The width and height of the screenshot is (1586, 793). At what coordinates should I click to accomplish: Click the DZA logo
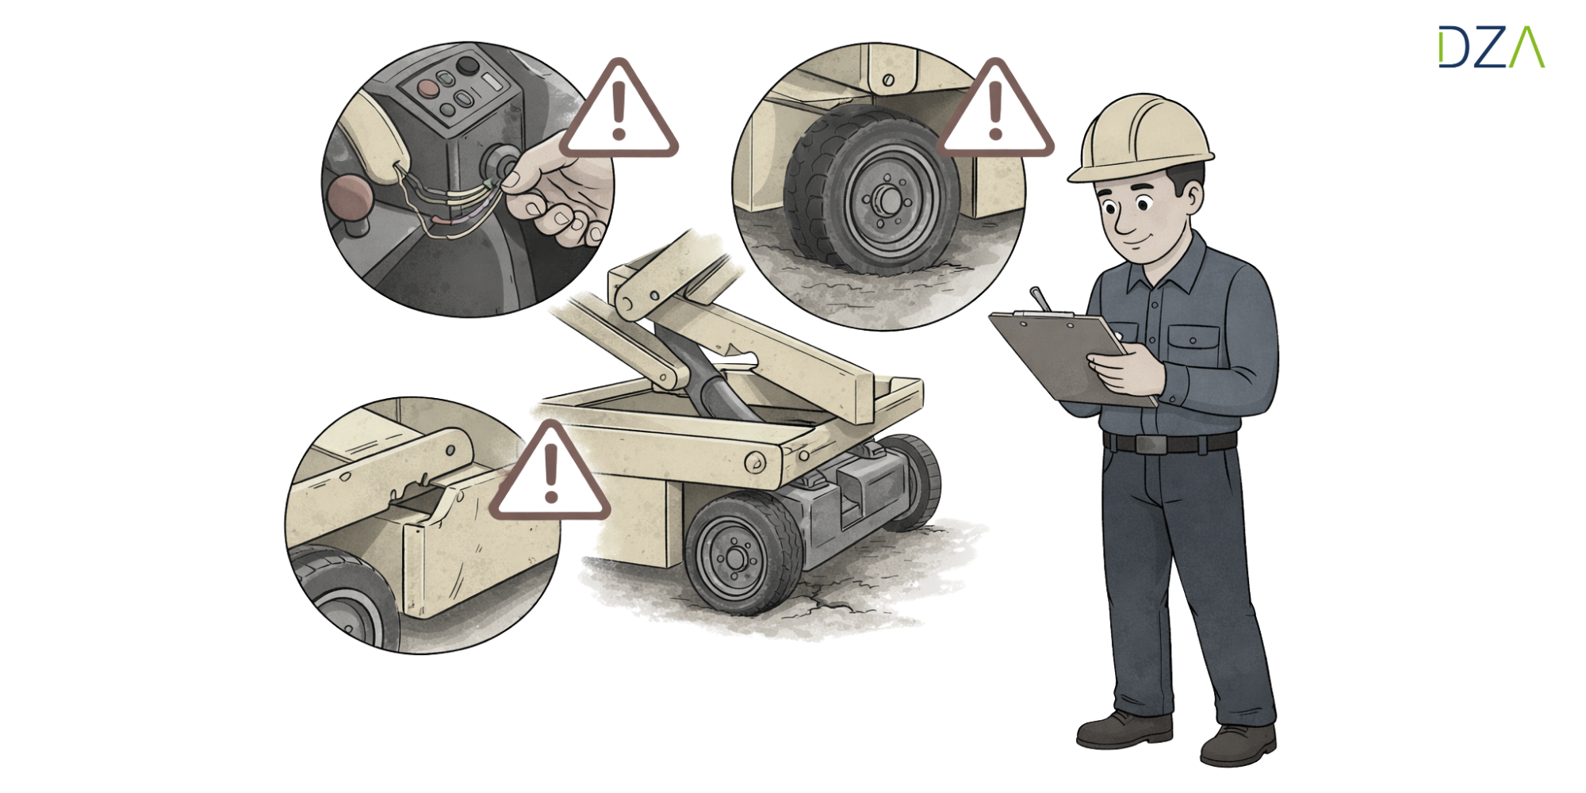[1492, 47]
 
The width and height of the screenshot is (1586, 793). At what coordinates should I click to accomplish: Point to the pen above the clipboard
[1040, 299]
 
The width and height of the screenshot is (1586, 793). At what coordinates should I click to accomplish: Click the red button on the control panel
[427, 87]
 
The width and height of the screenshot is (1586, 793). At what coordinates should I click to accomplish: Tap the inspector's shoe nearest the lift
[1124, 730]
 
